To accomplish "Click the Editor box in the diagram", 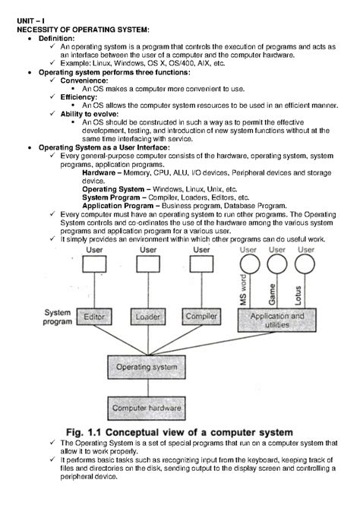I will [x=94, y=316].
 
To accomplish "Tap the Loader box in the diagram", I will [x=147, y=316].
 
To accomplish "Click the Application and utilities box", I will [x=277, y=319].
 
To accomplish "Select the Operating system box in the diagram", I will [x=147, y=367].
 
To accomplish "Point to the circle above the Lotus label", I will [x=305, y=265].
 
